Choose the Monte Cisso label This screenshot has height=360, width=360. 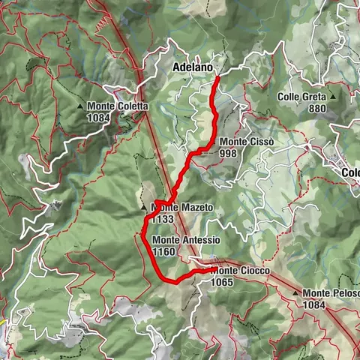(246, 142)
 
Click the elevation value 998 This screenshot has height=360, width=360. (230, 153)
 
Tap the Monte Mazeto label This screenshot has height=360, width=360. (182, 207)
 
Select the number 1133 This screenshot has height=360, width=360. (163, 219)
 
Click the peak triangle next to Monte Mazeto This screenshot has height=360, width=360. (143, 207)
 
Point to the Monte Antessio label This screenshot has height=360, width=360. (186, 240)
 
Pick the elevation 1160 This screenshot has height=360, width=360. (164, 252)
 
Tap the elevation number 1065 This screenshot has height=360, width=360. (223, 282)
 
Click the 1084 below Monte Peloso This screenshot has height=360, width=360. (316, 304)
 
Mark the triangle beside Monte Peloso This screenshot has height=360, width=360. (296, 292)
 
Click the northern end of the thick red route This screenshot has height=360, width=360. (217, 77)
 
